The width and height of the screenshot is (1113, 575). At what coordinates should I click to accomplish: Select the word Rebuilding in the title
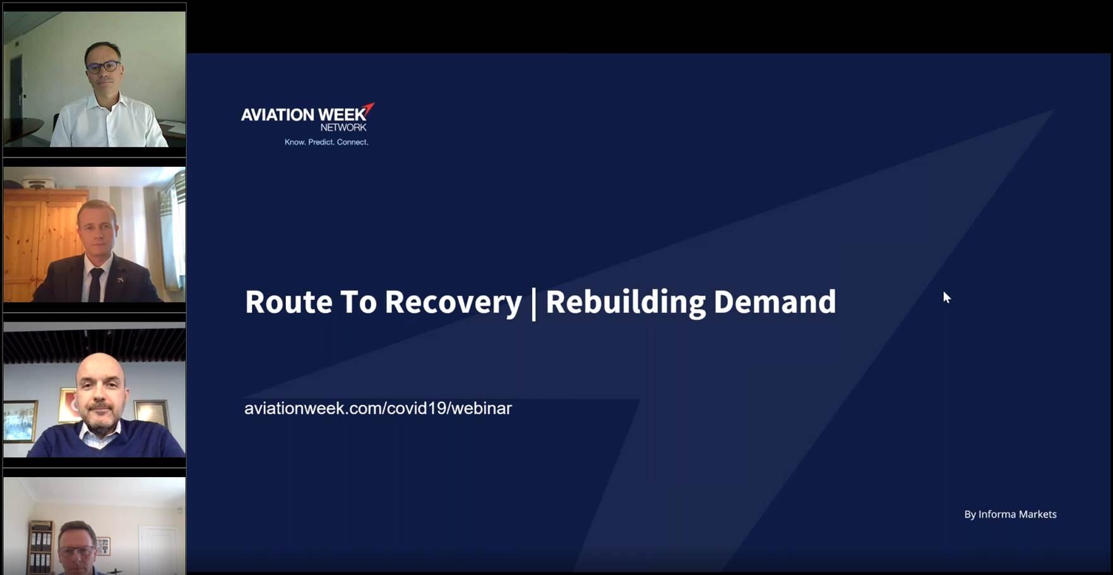[626, 303]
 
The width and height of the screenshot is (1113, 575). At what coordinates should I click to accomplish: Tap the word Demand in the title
[775, 302]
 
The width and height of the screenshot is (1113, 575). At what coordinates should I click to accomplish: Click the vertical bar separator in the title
[534, 304]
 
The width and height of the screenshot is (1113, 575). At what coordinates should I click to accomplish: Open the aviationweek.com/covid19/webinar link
[378, 408]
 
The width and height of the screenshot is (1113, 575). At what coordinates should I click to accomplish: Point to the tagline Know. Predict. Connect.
[326, 142]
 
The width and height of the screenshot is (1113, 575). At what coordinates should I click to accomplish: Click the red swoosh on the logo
[369, 109]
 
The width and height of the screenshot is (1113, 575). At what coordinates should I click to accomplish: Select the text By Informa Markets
[1010, 514]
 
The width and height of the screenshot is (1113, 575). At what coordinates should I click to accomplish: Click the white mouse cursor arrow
[946, 297]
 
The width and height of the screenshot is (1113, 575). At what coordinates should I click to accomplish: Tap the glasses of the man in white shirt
[102, 66]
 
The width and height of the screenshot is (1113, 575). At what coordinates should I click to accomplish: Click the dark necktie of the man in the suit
[95, 285]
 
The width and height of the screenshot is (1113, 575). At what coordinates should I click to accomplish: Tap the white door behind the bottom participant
[158, 550]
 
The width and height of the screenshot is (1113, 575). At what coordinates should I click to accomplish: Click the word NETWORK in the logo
[343, 128]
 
